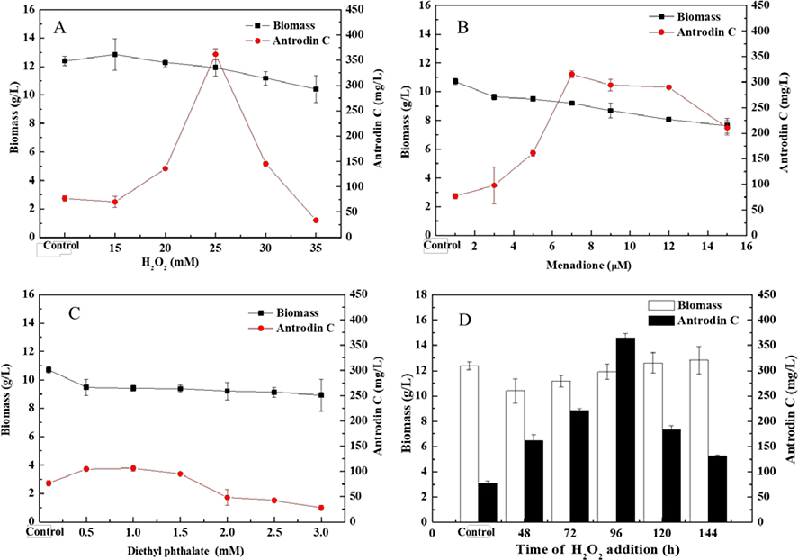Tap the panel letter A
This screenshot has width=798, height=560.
(x=60, y=26)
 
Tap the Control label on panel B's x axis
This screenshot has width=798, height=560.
(x=440, y=245)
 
